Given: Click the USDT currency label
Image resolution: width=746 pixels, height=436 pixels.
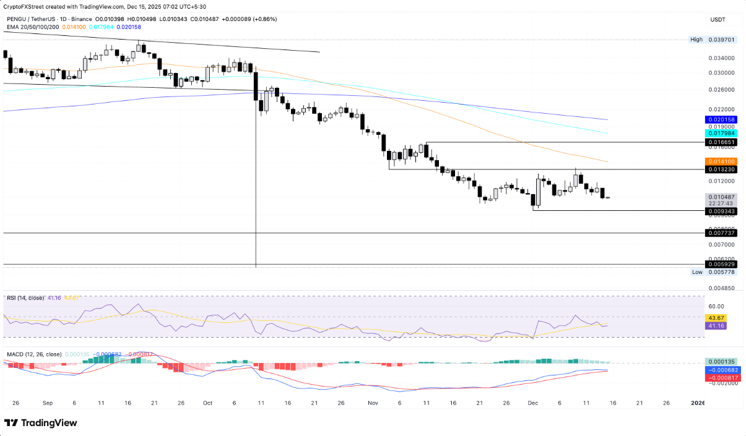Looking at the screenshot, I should pos(718,20).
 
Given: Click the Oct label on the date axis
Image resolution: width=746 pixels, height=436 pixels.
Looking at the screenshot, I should pos(207,403).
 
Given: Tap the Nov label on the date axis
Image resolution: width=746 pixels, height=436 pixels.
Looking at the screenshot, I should pos(373,403).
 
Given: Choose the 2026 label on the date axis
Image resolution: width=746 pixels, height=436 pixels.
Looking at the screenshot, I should pos(697,403).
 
